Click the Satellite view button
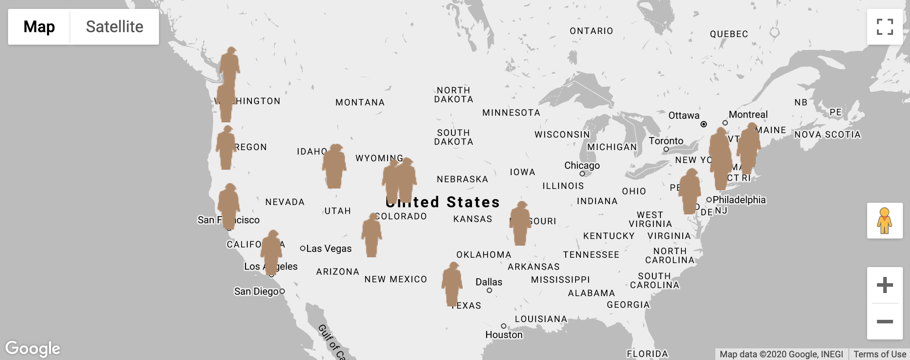click(114, 27)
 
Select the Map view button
click(39, 27)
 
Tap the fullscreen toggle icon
click(885, 27)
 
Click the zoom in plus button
click(885, 285)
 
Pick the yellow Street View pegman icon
click(884, 221)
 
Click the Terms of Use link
click(880, 354)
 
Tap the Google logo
click(33, 348)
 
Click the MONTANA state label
click(360, 102)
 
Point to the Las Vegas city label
click(329, 248)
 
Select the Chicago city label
click(582, 166)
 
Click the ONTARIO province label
click(591, 31)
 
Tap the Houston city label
click(504, 335)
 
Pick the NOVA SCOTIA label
click(827, 134)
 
